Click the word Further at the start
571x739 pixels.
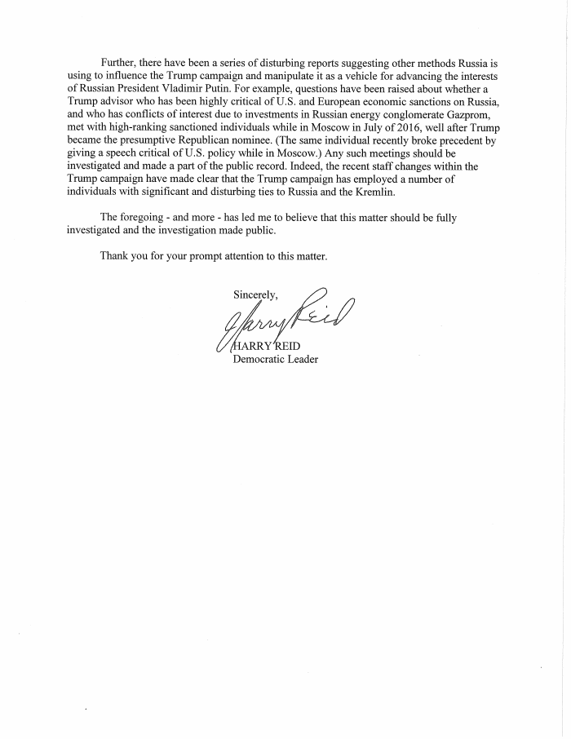pos(119,63)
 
